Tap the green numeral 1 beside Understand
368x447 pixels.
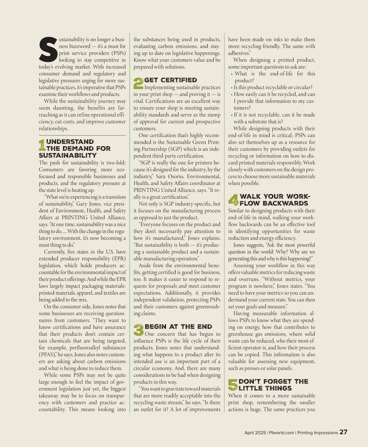42,145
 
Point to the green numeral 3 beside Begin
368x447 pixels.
139,330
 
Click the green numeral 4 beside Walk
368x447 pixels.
233,200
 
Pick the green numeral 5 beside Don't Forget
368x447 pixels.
233,385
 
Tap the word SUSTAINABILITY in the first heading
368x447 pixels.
68,156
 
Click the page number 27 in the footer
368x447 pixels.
343,432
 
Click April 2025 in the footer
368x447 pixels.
255,433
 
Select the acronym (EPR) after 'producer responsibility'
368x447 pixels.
118,259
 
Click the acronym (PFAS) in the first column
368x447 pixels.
47,355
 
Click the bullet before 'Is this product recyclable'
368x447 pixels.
232,88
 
